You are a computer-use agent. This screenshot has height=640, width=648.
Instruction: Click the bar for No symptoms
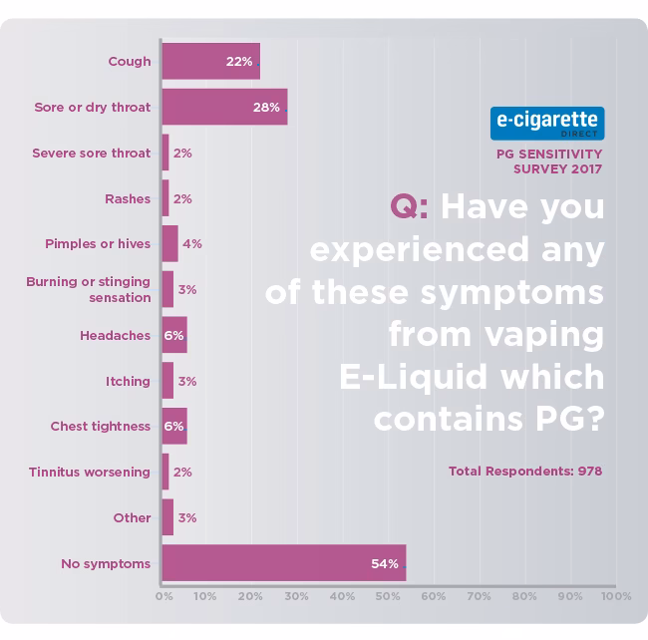pos(283,563)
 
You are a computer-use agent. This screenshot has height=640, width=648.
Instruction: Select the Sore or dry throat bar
pos(224,107)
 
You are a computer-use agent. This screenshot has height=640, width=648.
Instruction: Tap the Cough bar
pos(210,61)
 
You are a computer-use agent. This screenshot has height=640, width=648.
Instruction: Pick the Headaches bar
pos(174,335)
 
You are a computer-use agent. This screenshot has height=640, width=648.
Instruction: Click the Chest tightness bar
pos(174,427)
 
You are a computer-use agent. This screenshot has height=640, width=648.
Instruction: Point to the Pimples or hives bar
pos(169,243)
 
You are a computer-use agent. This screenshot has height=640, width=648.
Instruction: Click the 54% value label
pos(386,564)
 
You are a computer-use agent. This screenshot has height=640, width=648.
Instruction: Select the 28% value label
pos(266,108)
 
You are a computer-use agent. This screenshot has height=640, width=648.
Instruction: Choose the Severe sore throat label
pos(91,154)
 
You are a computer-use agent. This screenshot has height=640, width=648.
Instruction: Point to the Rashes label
pos(128,198)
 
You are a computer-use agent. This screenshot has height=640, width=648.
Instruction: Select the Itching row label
pos(129,381)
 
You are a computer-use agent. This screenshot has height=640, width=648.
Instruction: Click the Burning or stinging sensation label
pos(89,289)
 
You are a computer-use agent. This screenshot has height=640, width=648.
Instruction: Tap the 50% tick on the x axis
pos(388,596)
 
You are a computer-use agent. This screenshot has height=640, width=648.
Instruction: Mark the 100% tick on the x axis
pos(616,596)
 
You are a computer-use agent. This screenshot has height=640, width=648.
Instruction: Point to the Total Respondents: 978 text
pos(525,470)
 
